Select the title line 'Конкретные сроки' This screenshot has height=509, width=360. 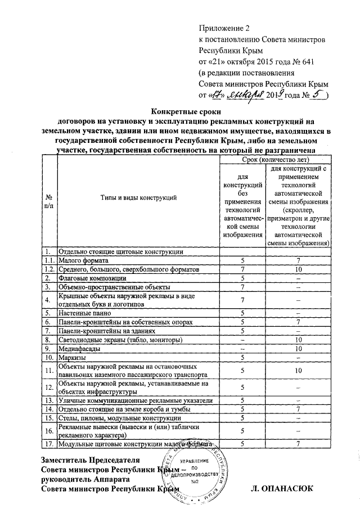click(179, 111)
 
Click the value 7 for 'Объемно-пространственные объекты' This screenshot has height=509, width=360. click(242, 287)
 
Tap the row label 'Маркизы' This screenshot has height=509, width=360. click(73, 357)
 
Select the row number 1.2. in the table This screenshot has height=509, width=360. click(50, 269)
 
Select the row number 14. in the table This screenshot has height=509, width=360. click(49, 409)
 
